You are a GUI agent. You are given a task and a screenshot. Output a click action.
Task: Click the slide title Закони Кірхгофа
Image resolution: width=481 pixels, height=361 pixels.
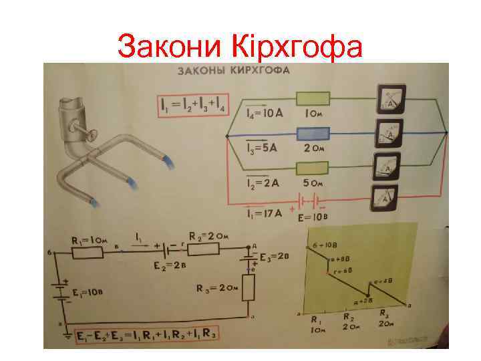click(240, 46)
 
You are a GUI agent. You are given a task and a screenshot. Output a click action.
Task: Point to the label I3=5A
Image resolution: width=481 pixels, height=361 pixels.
click(261, 148)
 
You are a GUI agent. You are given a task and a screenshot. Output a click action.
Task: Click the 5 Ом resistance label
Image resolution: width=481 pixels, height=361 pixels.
click(315, 183)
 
